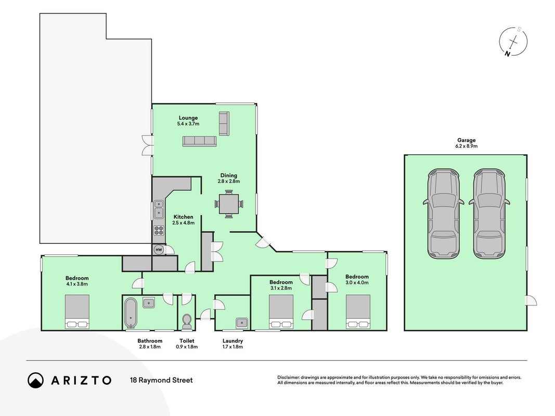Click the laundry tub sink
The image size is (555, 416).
pyautogui.click(x=242, y=322)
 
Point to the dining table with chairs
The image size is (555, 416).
pyautogui.click(x=229, y=204)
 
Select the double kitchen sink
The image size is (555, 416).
pyautogui.click(x=159, y=209)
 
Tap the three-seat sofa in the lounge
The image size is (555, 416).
pyautogui.click(x=199, y=141)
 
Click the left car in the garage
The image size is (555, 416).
pyautogui.click(x=444, y=214)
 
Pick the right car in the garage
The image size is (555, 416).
pyautogui.click(x=489, y=214)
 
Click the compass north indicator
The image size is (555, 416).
pyautogui.click(x=508, y=54)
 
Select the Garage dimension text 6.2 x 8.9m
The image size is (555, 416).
pyautogui.click(x=466, y=146)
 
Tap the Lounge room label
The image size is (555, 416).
pyautogui.click(x=188, y=118)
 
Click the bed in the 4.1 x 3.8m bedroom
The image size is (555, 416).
pyautogui.click(x=77, y=311)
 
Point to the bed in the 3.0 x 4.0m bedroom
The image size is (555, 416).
pyautogui.click(x=358, y=311)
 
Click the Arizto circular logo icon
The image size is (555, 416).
pyautogui.click(x=35, y=380)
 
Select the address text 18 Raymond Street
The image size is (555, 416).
pyautogui.click(x=161, y=380)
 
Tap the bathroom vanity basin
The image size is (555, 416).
pyautogui.click(x=148, y=303)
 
